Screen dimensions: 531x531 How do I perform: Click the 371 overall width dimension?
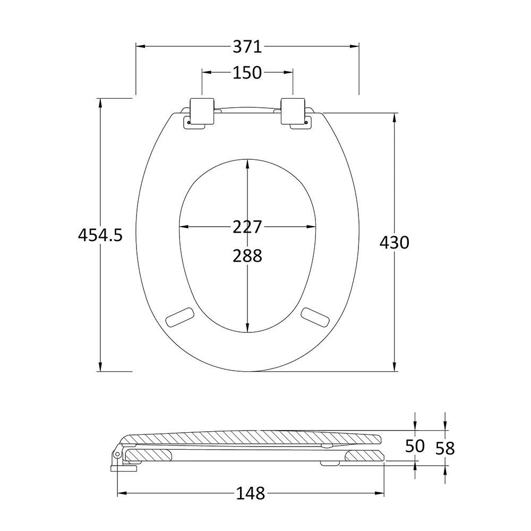[247, 47]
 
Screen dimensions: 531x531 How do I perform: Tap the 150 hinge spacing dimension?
[247, 72]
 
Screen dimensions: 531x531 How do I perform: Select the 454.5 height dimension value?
[100, 235]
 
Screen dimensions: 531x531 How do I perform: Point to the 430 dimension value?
[395, 243]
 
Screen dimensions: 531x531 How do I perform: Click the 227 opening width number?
[247, 227]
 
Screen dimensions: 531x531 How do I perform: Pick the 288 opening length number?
[247, 256]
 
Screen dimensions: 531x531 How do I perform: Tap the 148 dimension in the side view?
[251, 493]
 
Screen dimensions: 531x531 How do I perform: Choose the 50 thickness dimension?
[415, 446]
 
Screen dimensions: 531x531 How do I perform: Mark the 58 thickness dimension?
[445, 448]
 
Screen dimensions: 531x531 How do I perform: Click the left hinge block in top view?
[202, 112]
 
